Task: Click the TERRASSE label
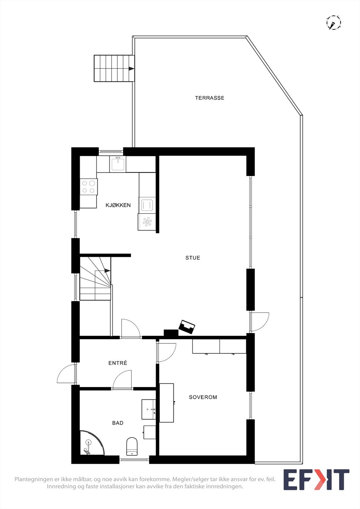209,98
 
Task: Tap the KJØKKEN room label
118,205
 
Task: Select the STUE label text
193,258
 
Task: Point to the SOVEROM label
203,397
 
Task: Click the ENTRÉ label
117,363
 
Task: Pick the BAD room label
117,423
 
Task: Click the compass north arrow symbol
334,23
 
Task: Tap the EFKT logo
316,480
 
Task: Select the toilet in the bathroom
132,446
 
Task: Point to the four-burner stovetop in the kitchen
88,187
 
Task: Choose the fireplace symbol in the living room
187,327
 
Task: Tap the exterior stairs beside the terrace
114,68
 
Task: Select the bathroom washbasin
149,409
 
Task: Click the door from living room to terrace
259,322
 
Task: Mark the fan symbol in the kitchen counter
147,222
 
